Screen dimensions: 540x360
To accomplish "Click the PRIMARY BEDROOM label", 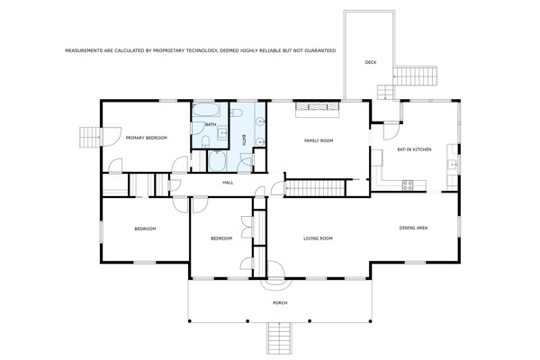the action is tap(147, 138).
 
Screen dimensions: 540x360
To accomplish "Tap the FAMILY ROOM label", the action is tap(319, 140).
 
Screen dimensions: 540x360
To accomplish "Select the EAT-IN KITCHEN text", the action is tap(414, 149).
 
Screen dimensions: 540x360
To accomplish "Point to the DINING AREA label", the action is tap(413, 228).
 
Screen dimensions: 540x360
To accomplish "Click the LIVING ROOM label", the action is tap(318, 238).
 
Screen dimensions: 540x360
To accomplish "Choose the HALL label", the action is tap(228, 183).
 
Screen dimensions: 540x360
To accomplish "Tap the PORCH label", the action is tap(280, 302).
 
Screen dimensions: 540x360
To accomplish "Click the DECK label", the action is tap(371, 62).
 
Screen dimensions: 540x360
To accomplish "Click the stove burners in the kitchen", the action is tap(408, 185).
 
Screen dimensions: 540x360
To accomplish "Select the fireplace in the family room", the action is tap(318, 109).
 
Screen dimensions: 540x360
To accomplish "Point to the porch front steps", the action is tap(280, 338).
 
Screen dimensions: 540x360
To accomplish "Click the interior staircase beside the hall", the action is tap(315, 188).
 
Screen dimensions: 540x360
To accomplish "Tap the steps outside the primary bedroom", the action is tap(90, 137).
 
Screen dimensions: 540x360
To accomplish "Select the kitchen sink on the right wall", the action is tap(452, 166).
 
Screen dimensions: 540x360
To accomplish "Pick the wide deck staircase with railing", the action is tap(415, 76).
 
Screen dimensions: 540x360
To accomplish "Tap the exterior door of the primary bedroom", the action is tap(112, 137).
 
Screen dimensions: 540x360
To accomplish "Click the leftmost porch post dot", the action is tap(189, 321).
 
